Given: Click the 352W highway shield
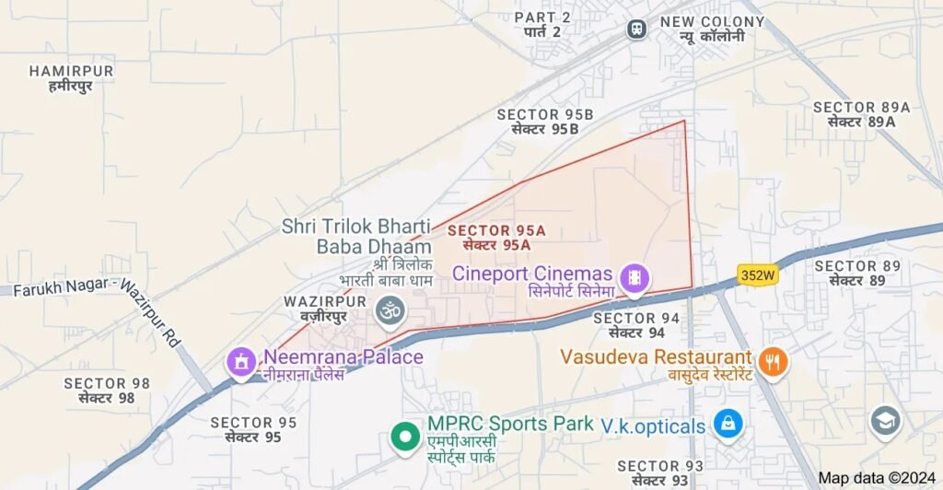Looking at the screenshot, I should (757, 274).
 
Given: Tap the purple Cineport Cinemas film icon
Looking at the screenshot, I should (634, 276).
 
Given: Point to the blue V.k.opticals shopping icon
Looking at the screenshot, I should (728, 425).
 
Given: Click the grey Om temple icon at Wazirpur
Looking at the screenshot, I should (391, 311).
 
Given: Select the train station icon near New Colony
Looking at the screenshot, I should (636, 29).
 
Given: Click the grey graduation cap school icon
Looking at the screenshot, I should (885, 421).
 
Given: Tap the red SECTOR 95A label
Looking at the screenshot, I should (496, 238).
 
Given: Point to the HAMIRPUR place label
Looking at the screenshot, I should (71, 78).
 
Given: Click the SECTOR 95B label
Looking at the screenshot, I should (545, 122).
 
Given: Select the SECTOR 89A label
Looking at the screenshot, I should (861, 114).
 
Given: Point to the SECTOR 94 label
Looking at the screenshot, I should (636, 324).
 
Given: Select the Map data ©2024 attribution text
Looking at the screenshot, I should (876, 478).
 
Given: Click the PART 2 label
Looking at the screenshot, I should (542, 24).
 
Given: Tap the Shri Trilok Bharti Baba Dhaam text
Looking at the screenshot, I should (357, 236).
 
